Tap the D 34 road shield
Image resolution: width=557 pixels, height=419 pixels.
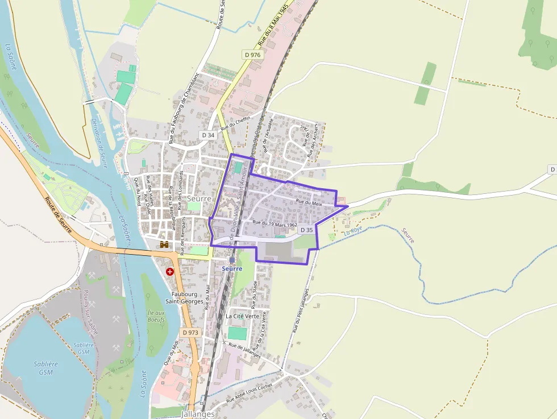click(208, 135)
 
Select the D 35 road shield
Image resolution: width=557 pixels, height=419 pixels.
click(306, 230)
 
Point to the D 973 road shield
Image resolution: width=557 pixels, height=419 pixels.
click(190, 331)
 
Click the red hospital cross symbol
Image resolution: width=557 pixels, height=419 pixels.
click(170, 271)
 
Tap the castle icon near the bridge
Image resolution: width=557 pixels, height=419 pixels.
click(165, 244)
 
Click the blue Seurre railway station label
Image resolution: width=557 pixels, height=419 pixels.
click(232, 268)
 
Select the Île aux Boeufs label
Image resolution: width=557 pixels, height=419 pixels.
click(156, 316)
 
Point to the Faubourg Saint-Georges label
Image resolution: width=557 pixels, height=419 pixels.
click(184, 297)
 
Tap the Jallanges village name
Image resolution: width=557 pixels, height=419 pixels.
click(198, 414)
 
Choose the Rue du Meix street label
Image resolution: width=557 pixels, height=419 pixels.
click(309, 202)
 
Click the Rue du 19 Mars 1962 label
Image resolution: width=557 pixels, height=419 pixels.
click(275, 224)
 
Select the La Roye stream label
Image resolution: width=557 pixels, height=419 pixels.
click(352, 232)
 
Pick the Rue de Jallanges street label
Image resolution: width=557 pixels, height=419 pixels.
click(244, 350)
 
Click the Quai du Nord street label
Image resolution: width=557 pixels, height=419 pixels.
click(137, 191)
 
